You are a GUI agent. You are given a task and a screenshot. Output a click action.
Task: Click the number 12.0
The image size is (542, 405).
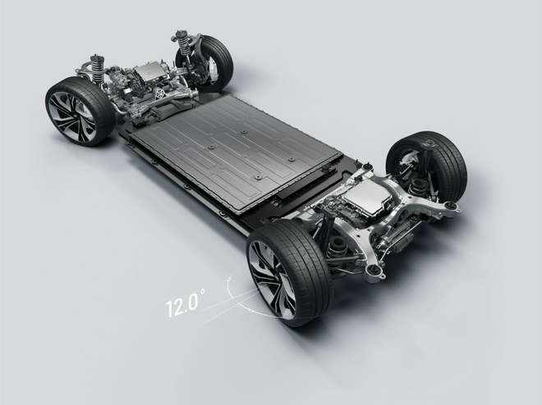click(181, 304)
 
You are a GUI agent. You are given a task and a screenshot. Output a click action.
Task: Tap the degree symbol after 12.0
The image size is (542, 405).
click(203, 292)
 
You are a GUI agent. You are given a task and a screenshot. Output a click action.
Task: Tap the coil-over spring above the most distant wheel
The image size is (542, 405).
click(183, 43)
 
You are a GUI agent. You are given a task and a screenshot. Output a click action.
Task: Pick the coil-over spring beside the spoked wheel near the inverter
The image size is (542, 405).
click(97, 69)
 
